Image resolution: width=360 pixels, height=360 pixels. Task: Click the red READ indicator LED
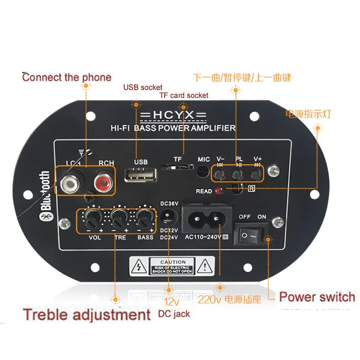pyautogui.click(x=219, y=191)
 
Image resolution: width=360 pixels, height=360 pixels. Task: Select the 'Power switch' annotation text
pyautogui.click(x=317, y=297)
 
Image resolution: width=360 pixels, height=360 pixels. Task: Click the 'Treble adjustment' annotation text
pyautogui.click(x=87, y=314)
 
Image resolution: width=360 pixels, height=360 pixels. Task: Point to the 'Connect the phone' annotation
pyautogui.click(x=67, y=77)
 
